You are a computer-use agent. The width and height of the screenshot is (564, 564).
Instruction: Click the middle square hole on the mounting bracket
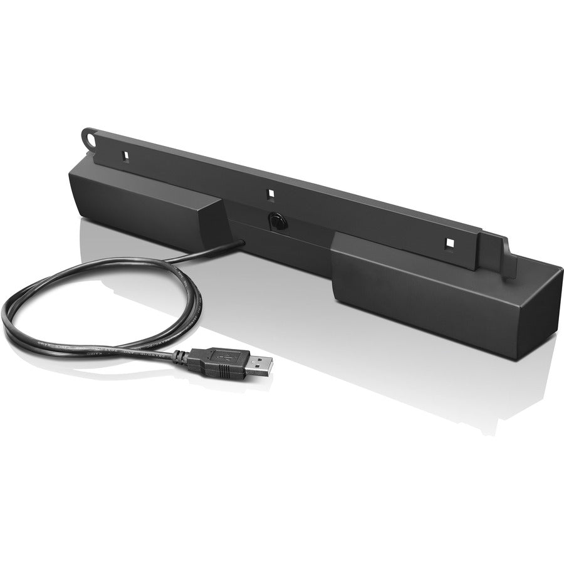click(271, 195)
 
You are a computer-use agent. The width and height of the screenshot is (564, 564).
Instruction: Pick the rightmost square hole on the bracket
click(449, 242)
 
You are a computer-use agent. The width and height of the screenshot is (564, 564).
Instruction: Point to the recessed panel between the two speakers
click(282, 235)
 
